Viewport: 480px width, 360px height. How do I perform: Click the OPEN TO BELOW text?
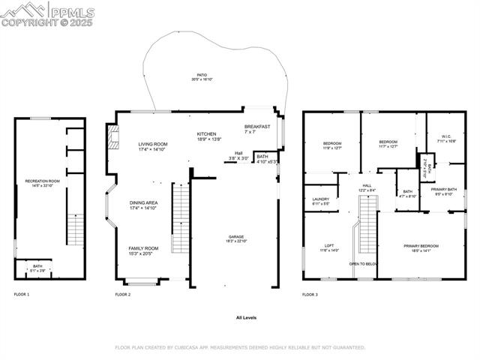[364, 264]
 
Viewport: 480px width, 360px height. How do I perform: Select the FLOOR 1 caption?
[22, 295]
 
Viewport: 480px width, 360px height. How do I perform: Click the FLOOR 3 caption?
[310, 295]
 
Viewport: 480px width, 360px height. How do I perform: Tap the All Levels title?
[246, 318]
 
